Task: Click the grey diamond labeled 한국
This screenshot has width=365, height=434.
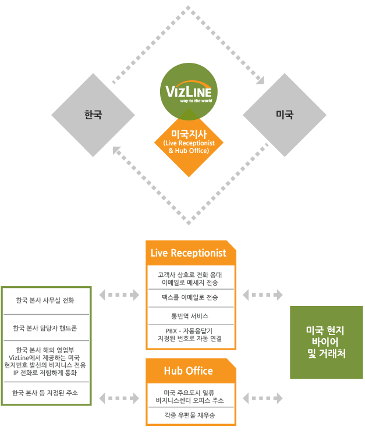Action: [x=93, y=114]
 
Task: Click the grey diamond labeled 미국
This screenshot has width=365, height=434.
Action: [x=284, y=114]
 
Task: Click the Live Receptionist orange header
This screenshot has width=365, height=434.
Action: [x=188, y=253]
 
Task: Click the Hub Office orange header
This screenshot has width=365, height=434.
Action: [x=188, y=371]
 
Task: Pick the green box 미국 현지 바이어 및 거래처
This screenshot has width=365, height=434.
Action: [x=326, y=342]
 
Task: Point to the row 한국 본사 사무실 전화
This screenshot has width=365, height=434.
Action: [x=45, y=301]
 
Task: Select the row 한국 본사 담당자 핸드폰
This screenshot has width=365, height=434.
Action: [x=45, y=328]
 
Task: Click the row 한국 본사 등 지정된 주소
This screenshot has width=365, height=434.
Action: [x=45, y=393]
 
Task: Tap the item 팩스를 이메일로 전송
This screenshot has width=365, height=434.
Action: [x=190, y=297]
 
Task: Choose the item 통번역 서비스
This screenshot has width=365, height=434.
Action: [x=190, y=316]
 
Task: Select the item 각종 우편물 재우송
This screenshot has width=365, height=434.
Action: [x=190, y=416]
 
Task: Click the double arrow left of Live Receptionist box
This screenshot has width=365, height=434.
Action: [x=119, y=295]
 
